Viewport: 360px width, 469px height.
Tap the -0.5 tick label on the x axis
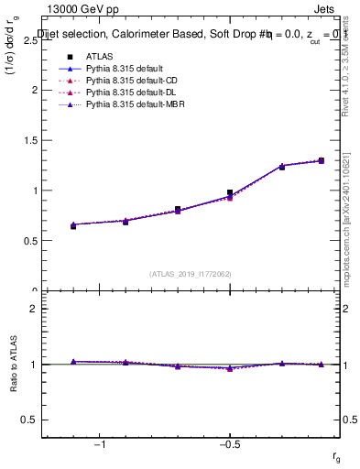[229, 444]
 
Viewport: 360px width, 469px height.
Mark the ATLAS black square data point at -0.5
[230, 192]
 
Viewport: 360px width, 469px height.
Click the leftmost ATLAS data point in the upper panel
[73, 225]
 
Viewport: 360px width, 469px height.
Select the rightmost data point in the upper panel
[321, 160]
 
